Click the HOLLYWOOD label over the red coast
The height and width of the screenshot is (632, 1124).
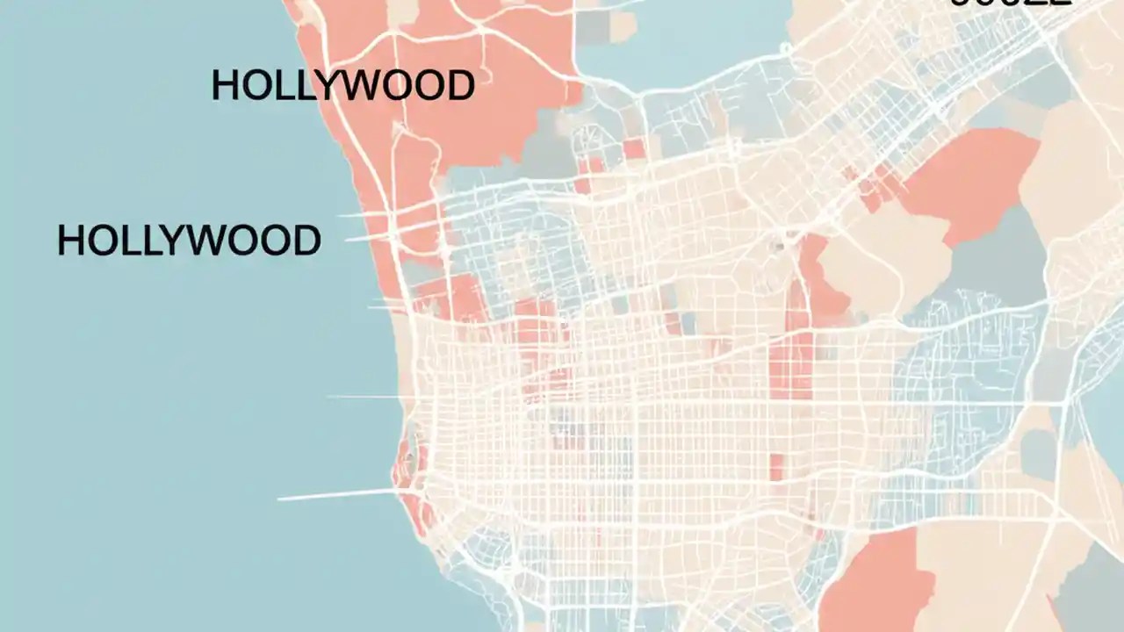click(342, 86)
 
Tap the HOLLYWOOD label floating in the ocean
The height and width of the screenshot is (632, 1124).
click(189, 241)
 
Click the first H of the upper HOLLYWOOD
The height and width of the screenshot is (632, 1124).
click(225, 86)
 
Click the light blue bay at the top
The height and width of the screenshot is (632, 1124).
click(685, 35)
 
